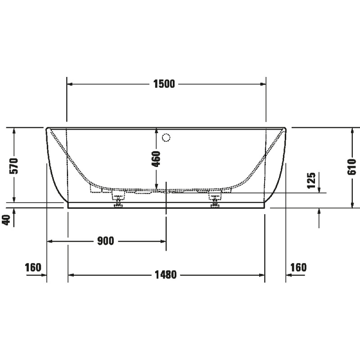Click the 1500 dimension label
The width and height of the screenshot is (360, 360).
click(164, 84)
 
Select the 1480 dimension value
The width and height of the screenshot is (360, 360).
click(166, 274)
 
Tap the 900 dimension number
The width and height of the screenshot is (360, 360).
click(106, 241)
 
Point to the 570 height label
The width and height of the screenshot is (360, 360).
click(13, 166)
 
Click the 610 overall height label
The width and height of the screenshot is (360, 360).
click(352, 166)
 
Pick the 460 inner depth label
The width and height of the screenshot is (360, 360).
click(156, 159)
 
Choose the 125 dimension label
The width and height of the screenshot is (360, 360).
click(311, 180)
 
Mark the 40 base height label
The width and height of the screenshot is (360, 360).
click(7, 220)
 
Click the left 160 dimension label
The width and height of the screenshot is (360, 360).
click(33, 267)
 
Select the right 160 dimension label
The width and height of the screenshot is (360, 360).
click(298, 267)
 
